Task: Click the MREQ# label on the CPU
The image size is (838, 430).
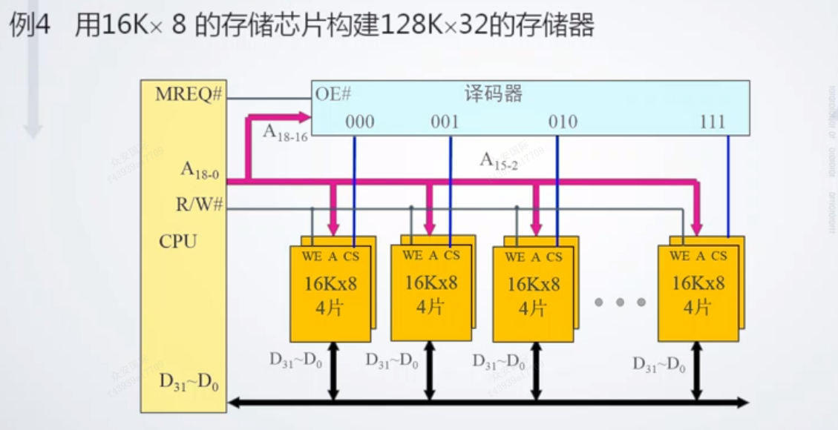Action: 189,96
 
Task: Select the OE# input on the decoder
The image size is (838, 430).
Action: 333,95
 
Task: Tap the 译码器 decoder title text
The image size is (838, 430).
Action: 494,94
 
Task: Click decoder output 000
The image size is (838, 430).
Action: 360,122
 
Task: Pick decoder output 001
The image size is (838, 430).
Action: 445,122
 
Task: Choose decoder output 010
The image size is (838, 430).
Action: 562,122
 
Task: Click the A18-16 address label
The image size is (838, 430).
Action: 285,132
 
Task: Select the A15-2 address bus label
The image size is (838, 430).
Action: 498,161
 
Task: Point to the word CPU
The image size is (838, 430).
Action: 178,242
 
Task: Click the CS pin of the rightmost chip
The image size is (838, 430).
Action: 718,256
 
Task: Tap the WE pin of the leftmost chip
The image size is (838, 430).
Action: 310,257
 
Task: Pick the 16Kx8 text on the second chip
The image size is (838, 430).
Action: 431,282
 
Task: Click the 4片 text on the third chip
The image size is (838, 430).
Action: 533,308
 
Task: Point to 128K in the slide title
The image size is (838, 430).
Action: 413,27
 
